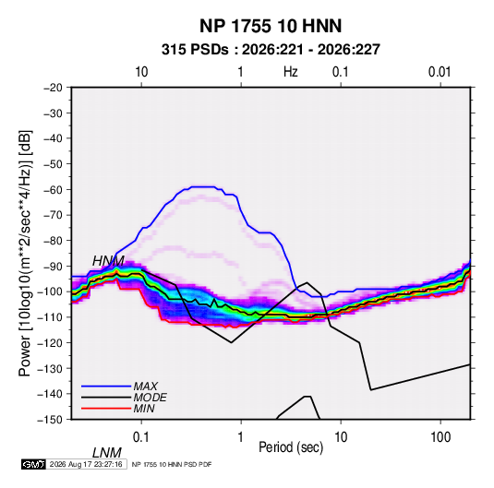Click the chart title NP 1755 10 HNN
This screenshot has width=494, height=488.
[271, 26]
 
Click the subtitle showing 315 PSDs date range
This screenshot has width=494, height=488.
[271, 50]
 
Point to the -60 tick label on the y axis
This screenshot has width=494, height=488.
[53, 189]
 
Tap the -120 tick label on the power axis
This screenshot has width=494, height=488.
[51, 342]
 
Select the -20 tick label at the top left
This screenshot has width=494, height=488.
[53, 88]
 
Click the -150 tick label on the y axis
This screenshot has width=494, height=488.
[51, 420]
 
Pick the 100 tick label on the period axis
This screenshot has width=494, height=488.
[440, 437]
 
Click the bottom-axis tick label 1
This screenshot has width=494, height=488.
[241, 437]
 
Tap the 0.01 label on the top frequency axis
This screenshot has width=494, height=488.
[440, 72]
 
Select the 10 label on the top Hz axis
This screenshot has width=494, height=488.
[141, 72]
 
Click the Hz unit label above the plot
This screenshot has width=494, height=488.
[291, 72]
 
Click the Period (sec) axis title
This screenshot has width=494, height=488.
[291, 447]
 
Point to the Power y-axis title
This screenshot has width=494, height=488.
[25, 253]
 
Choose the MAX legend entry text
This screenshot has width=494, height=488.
[146, 387]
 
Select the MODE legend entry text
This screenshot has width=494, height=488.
[150, 398]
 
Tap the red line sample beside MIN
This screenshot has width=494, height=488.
[106, 409]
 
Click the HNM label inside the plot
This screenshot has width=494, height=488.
[108, 261]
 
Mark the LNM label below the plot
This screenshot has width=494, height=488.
[106, 453]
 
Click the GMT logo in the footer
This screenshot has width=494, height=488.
[34, 464]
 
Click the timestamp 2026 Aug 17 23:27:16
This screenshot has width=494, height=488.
[86, 464]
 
